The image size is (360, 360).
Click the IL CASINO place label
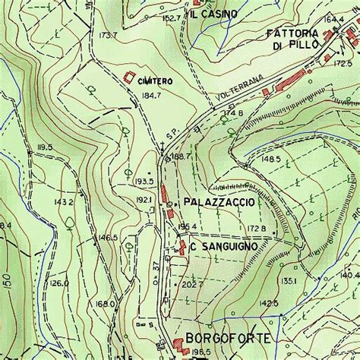214,14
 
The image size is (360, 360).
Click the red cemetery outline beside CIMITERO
129,77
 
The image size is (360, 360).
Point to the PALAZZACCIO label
219,203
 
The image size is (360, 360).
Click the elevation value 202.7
190,285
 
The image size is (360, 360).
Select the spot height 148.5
271,159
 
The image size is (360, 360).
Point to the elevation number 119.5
43,147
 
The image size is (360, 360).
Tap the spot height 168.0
106,304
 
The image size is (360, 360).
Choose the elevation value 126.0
58,283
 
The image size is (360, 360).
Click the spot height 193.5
144,182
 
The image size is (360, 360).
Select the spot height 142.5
269,303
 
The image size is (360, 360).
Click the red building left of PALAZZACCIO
163,195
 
